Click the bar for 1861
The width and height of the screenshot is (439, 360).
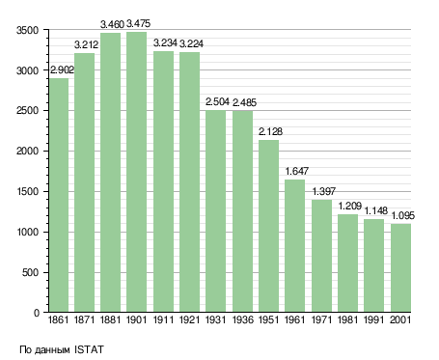pos(59,195)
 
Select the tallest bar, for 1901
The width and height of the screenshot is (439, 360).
pos(136,172)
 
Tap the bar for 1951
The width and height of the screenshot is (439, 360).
pos(268,226)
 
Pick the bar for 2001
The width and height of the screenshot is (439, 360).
pos(400,267)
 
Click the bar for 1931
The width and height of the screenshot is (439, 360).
pos(216,211)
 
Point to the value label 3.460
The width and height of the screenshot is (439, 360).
pos(112,24)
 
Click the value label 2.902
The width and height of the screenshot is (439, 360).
pos(62,69)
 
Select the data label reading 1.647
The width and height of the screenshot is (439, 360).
pos(296,171)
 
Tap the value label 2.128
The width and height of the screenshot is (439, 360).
pos(270,131)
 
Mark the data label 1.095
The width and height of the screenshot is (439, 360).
pos(402,215)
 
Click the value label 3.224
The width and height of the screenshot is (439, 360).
pos(191,43)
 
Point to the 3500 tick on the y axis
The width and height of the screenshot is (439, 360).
pos(27,30)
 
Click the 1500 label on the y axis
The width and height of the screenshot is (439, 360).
pos(27,192)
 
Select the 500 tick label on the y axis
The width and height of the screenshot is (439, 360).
pos(31,273)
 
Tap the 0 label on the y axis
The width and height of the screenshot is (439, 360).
pos(37,313)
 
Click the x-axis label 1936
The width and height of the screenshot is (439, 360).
pos(242,320)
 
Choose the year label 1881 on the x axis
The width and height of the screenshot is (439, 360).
pos(110,320)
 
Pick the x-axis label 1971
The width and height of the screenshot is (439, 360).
pos(321,320)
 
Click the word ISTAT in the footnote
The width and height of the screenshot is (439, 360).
pos(89,349)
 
